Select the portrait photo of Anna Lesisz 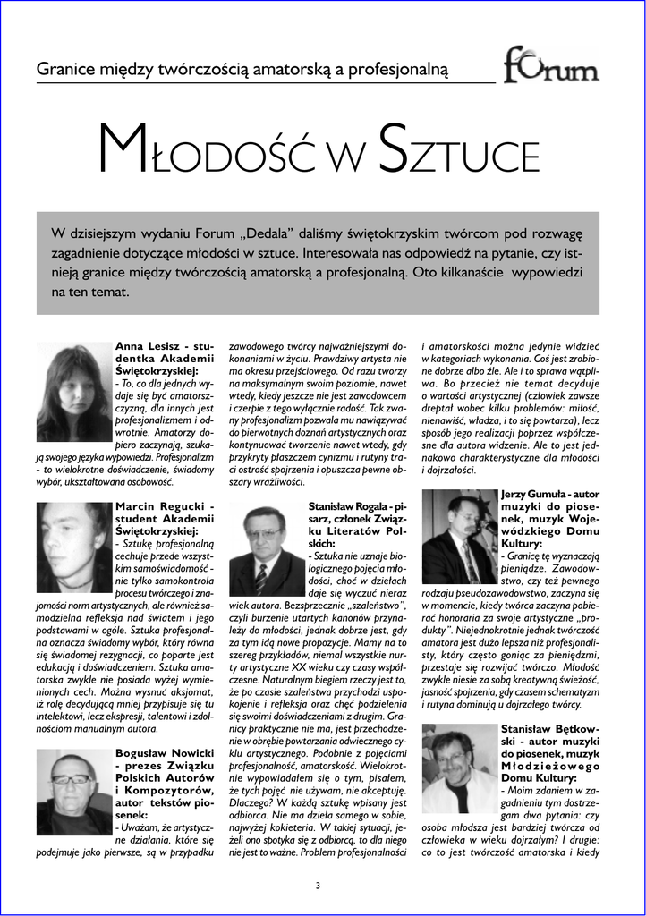click(x=73, y=392)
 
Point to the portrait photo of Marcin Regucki click(x=73, y=546)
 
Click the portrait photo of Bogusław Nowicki click(x=73, y=793)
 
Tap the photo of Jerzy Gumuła click(x=459, y=537)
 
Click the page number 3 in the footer click(x=317, y=886)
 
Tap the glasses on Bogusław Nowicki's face click(x=72, y=778)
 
